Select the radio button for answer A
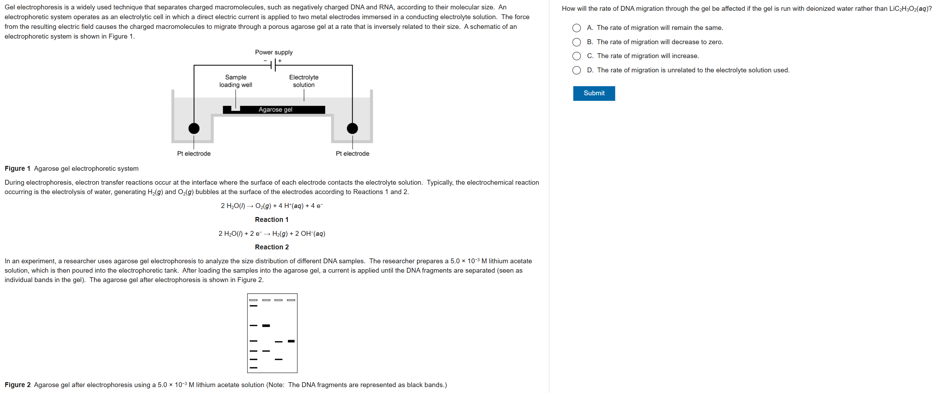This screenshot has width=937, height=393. [576, 28]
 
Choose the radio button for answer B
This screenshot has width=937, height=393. [576, 42]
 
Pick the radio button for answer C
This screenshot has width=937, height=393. [576, 56]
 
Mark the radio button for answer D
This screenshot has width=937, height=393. [576, 70]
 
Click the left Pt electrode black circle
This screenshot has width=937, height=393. [194, 128]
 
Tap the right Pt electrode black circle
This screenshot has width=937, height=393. [352, 128]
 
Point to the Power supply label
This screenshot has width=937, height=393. [274, 52]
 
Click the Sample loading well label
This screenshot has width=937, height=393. [236, 81]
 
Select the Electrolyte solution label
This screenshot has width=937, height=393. [304, 81]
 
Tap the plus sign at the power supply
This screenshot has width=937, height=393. [280, 61]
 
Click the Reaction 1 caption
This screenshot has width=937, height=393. [271, 219]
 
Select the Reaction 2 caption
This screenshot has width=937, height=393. [271, 247]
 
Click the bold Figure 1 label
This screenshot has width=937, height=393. [17, 168]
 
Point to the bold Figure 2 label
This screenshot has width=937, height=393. [17, 385]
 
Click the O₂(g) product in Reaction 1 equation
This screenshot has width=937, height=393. [263, 206]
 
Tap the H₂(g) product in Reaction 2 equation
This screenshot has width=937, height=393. [280, 233]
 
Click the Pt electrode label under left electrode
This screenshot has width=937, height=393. [194, 153]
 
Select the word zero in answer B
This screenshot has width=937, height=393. [715, 42]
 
